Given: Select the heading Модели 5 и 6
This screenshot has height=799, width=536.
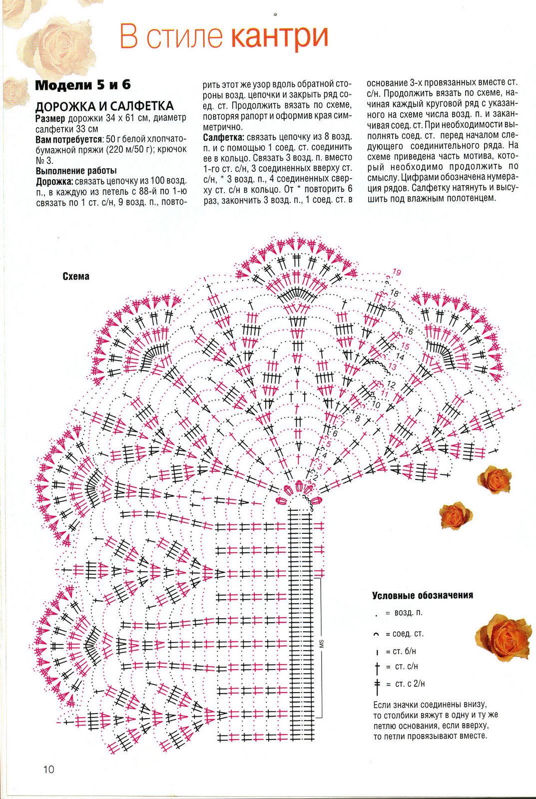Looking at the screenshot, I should point(83,85).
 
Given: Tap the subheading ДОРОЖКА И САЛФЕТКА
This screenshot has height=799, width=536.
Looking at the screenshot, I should point(104,106).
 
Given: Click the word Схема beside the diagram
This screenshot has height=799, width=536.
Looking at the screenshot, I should point(76,276).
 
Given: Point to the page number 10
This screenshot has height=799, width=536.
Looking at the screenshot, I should point(48,769).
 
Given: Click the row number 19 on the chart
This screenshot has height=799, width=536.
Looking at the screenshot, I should point(397,272).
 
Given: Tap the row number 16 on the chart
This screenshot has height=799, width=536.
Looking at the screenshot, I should point(409,331).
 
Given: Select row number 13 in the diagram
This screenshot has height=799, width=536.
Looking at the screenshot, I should point(393,367).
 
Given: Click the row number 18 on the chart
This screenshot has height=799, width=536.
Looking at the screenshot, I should point(395,293).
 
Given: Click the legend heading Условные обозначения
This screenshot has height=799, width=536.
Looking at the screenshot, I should point(422,595).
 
